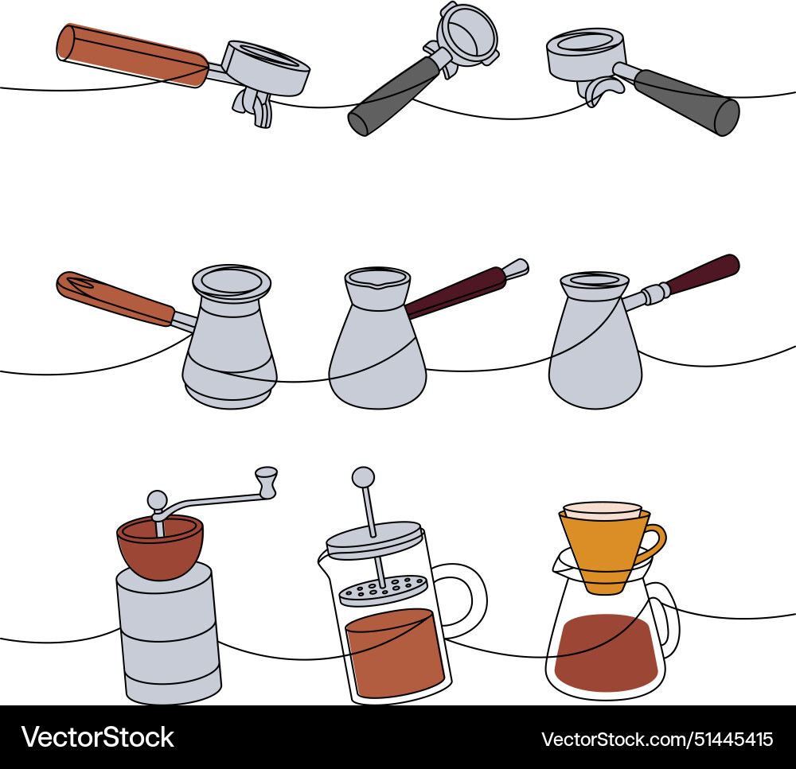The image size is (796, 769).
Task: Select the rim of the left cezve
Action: (232, 281)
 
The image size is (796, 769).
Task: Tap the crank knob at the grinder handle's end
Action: (266, 482)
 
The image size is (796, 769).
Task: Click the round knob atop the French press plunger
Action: (363, 477)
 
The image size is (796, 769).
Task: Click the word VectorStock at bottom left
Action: (98, 737)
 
